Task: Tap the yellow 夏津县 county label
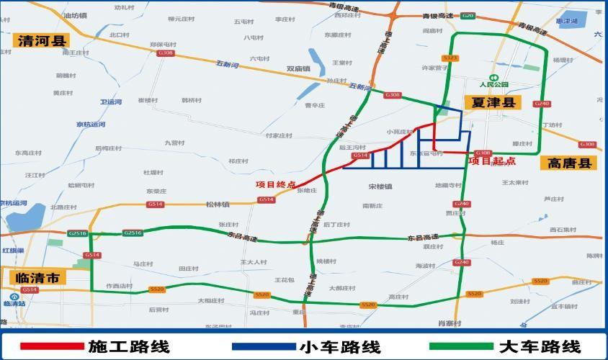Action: coord(493,103)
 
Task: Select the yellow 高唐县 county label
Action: coord(568,164)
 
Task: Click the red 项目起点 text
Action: coord(488,161)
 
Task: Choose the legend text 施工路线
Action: coord(129,346)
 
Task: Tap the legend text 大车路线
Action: coord(539,346)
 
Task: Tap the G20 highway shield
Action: coord(468,15)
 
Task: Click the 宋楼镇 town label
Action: coord(380,186)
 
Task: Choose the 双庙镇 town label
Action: coord(298,69)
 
